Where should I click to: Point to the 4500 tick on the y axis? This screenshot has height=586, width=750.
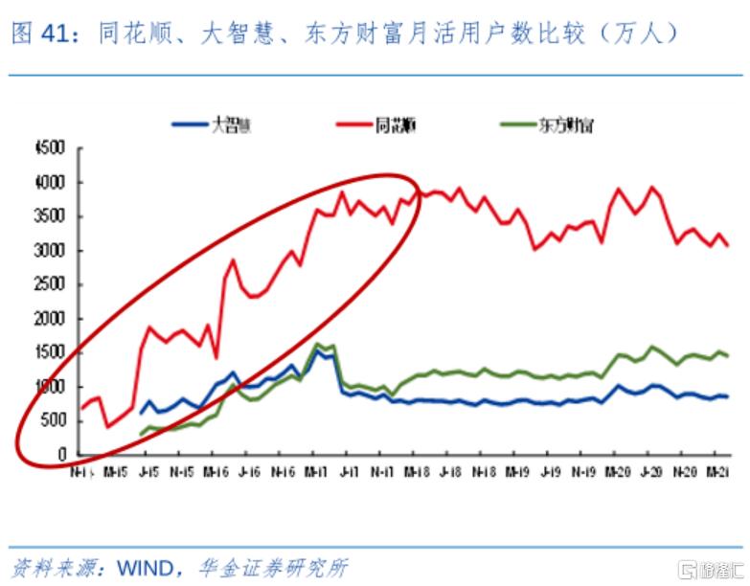tap(47, 148)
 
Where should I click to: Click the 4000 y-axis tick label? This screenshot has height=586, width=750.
tap(47, 183)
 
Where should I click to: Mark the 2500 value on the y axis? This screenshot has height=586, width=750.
tap(47, 285)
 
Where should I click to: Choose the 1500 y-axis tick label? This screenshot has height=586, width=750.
tap(47, 353)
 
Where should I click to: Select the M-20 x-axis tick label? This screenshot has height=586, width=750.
tap(618, 472)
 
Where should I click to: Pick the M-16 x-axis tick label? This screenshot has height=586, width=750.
tap(216, 472)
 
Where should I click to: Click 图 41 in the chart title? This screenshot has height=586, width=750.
tap(44, 34)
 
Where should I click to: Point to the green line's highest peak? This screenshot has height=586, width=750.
tap(318, 344)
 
